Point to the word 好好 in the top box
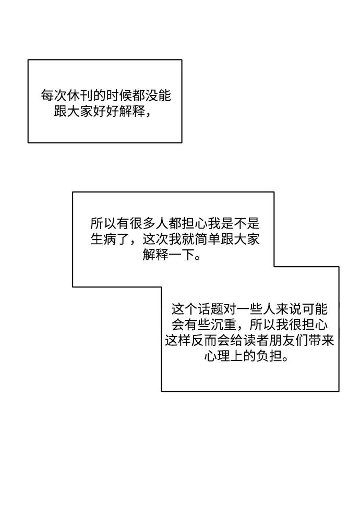[106, 112]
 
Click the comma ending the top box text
[148, 115]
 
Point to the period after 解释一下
[198, 258]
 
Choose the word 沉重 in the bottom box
[224, 324]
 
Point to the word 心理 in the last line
[217, 356]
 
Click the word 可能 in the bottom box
[315, 309]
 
